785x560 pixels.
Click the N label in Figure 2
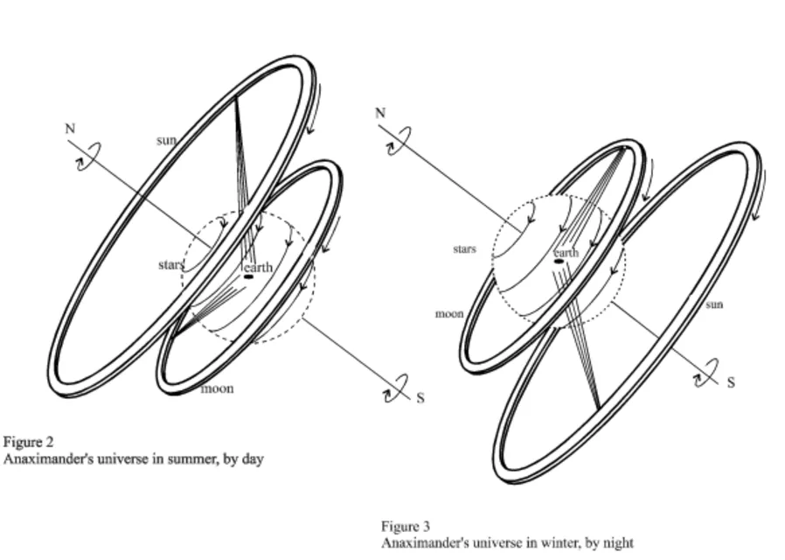70,129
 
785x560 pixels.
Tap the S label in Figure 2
420,398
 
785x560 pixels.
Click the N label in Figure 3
380,113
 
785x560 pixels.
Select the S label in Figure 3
731,382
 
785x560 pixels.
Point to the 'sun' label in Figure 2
166,140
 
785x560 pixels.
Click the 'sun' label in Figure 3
714,304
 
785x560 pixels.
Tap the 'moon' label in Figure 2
217,388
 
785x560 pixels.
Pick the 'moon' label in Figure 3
448,313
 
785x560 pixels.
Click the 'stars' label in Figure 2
170,264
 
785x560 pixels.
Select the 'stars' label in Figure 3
464,249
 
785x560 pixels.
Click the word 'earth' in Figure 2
259,267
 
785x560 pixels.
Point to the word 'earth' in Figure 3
566,252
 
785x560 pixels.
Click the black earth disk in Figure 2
249,276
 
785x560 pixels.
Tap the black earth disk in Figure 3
559,261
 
